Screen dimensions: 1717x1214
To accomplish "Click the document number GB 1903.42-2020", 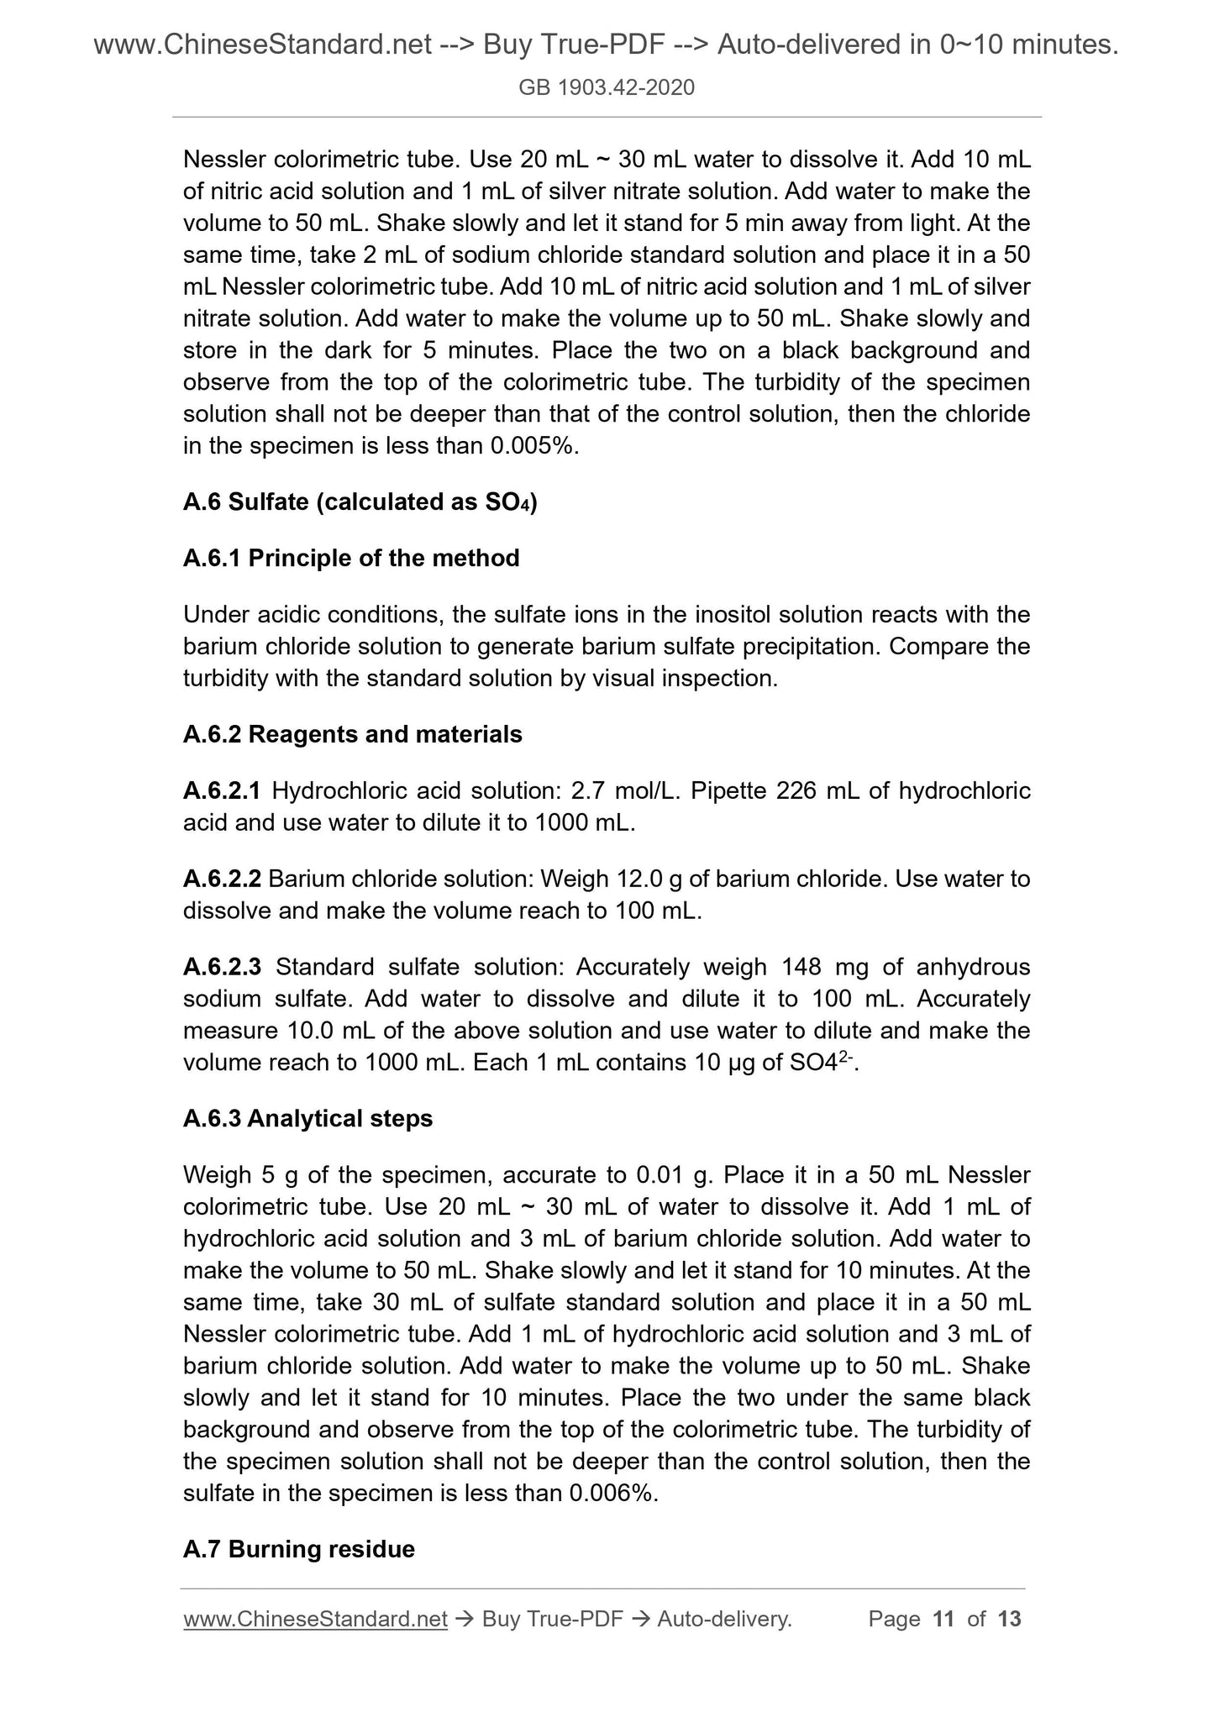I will point(607,87).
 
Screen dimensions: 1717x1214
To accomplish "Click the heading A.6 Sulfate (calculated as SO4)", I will point(360,501).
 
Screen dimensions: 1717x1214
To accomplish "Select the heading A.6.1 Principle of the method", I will point(351,558).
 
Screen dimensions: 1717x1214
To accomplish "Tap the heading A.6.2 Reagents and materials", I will point(352,734).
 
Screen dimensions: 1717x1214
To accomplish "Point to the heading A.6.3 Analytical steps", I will point(307,1118).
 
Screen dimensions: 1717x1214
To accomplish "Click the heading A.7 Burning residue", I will point(298,1549).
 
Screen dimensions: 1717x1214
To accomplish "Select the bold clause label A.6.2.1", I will point(222,790).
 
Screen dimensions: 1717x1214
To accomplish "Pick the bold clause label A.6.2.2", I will point(222,879).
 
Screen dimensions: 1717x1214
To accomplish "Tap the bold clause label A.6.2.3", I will point(222,967).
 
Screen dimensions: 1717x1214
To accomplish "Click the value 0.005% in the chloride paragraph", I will point(534,446).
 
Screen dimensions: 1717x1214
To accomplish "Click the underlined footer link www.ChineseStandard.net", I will point(315,1619).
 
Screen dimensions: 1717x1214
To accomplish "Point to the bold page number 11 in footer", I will point(943,1619).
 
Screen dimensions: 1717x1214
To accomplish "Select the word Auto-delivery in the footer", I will point(724,1619).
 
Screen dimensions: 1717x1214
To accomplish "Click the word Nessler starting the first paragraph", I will point(224,159).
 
